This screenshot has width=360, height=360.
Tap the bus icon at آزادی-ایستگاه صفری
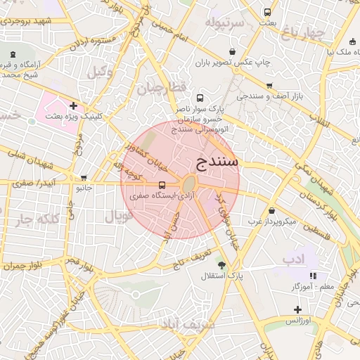[x=162, y=186]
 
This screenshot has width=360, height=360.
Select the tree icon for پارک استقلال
[x=222, y=265]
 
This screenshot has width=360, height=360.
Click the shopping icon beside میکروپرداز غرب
[x=272, y=210]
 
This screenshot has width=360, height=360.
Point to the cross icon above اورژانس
[x=298, y=309]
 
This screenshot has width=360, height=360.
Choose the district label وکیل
[x=101, y=71]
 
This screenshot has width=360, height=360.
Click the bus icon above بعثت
[x=267, y=12]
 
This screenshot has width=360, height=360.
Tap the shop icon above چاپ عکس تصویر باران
[x=233, y=51]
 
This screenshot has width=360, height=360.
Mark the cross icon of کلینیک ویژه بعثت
[x=72, y=105]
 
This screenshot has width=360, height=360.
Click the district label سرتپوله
[x=224, y=23]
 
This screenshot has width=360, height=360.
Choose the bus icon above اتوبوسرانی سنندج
[x=200, y=98]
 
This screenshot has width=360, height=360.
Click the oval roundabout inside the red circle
[x=188, y=184]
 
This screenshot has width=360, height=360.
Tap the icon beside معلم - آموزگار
[x=312, y=276]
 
